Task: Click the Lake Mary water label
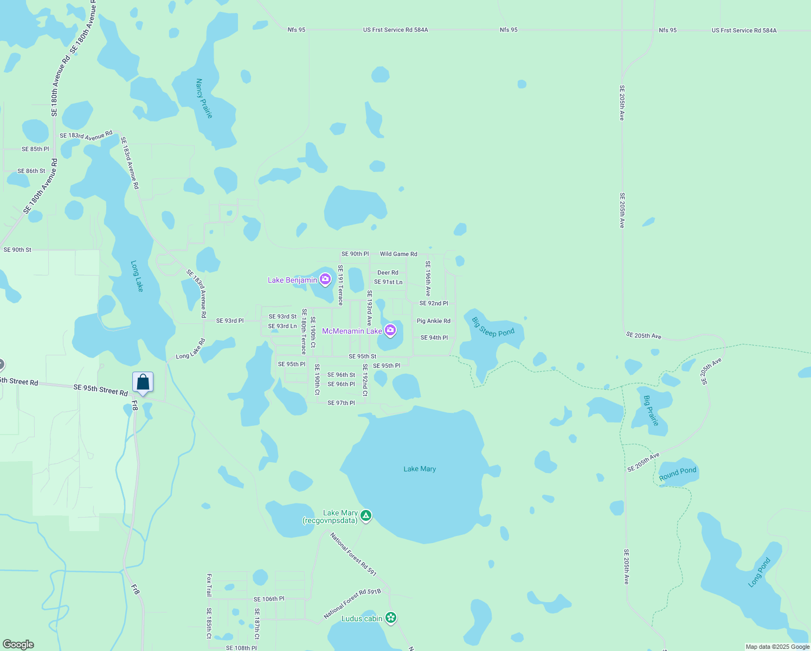[x=420, y=469]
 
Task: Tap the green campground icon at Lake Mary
[x=366, y=515]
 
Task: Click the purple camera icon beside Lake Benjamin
[x=325, y=279]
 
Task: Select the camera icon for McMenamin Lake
[x=390, y=330]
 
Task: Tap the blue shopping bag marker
[x=143, y=382]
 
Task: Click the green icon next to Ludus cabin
[x=391, y=618]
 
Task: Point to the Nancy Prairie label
[x=204, y=98]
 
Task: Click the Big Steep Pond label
[x=493, y=327]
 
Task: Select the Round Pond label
[x=678, y=473]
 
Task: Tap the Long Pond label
[x=759, y=572]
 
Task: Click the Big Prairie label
[x=651, y=410]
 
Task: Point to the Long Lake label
[x=137, y=276]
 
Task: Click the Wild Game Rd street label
[x=398, y=254]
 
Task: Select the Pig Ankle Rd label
[x=433, y=321]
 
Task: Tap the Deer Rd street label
[x=388, y=273]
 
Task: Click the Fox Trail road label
[x=209, y=585]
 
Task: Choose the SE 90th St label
[x=17, y=250]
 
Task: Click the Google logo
[x=18, y=644]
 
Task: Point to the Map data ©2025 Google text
[x=777, y=647]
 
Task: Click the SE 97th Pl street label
[x=341, y=403]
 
